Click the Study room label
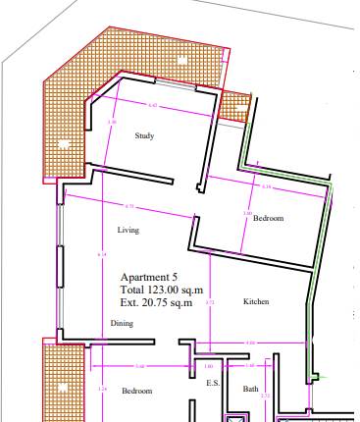point(144,136)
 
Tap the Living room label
point(128,231)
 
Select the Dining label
point(122,323)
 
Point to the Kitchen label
point(256,301)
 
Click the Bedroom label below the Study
point(268,219)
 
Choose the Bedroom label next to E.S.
point(136,391)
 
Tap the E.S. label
point(212,384)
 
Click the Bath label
point(251,390)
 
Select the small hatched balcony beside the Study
point(234,105)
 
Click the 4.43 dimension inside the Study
point(151,104)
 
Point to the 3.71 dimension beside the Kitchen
point(209,302)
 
